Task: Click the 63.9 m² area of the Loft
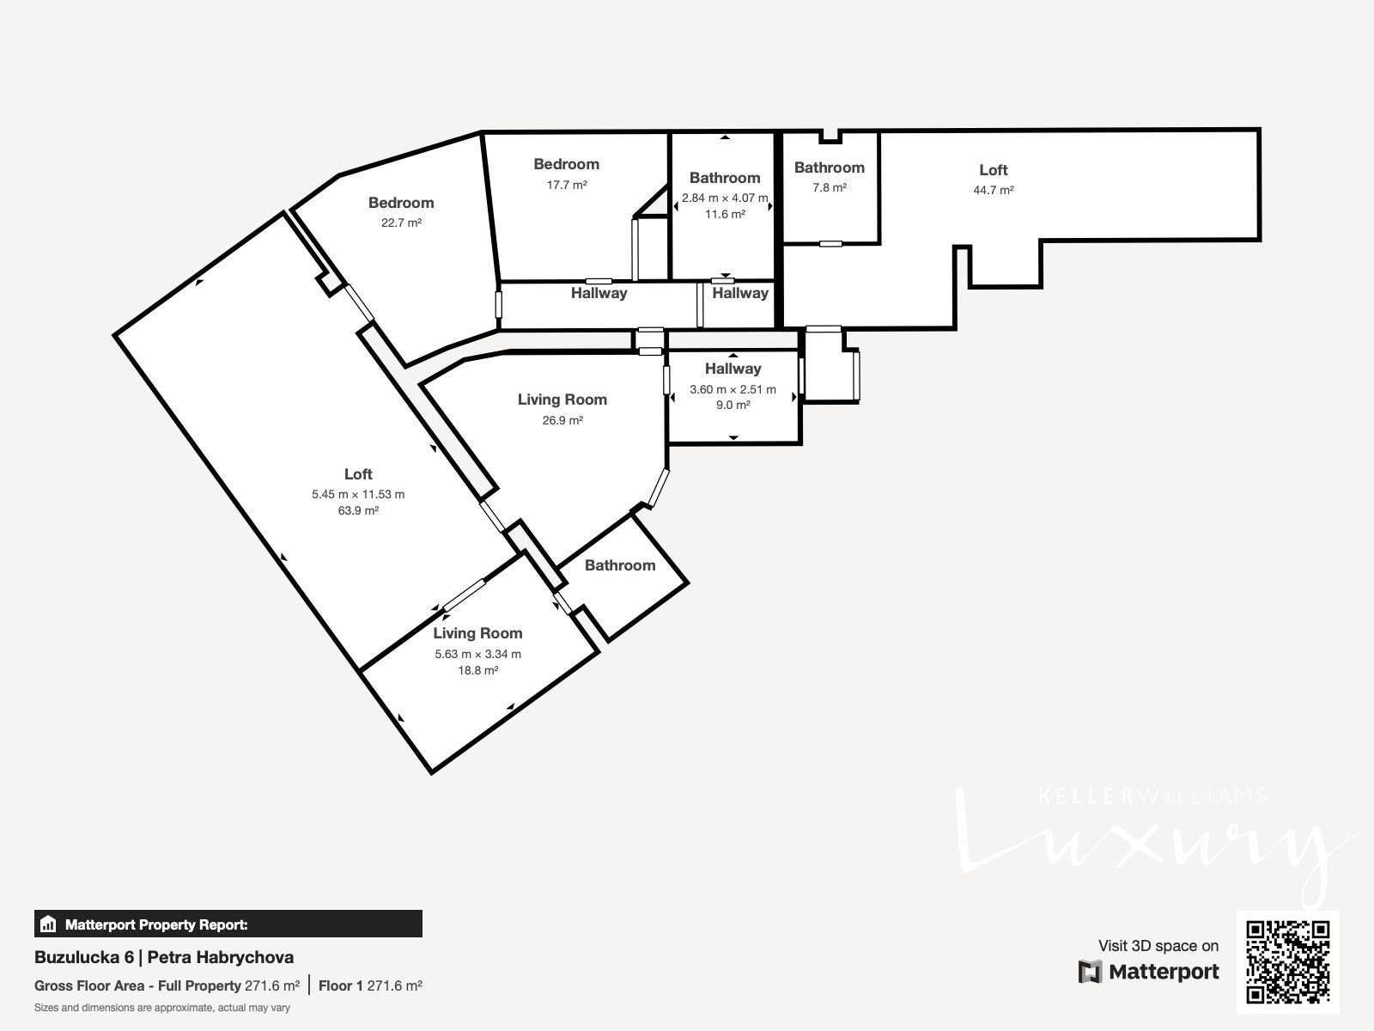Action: [x=358, y=510]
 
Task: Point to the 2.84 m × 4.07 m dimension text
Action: [x=725, y=198]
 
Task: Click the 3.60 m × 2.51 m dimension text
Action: [x=733, y=389]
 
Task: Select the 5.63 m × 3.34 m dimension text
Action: [x=477, y=654]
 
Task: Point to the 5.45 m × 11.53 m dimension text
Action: [x=358, y=494]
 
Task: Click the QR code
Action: [x=1287, y=961]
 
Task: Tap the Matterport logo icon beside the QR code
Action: [x=1090, y=972]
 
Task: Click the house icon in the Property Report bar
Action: [x=48, y=924]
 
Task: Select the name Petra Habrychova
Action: [x=221, y=957]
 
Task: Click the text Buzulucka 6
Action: [x=84, y=957]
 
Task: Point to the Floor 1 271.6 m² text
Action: [x=370, y=986]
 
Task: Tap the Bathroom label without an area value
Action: [x=620, y=565]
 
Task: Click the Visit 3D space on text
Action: [x=1158, y=945]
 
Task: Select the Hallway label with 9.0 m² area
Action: [x=733, y=369]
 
